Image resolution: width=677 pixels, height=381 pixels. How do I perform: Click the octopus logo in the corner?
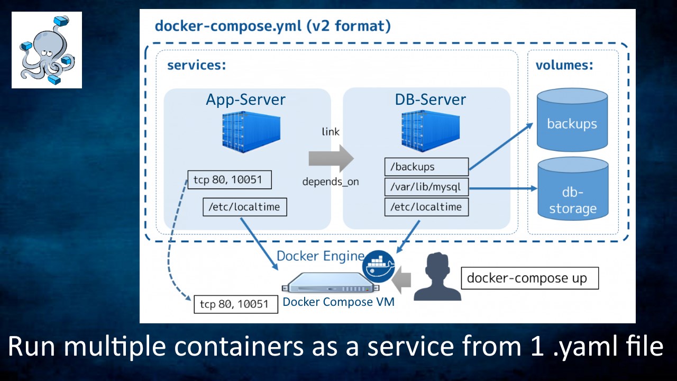[x=47, y=50]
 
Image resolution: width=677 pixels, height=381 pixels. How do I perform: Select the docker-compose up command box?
[x=529, y=278]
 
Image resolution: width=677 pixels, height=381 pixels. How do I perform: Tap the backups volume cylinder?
[x=572, y=121]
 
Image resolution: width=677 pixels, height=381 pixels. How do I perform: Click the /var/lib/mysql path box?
[x=426, y=187]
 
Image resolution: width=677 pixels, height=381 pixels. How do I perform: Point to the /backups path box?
[x=426, y=167]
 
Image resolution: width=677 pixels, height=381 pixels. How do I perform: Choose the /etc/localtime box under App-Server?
[x=244, y=206]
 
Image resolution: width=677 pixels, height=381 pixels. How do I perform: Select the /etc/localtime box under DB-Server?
[x=426, y=206]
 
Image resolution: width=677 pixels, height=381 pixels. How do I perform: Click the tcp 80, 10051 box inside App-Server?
[x=230, y=179]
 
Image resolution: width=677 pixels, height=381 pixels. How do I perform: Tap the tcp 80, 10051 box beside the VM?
[x=236, y=304]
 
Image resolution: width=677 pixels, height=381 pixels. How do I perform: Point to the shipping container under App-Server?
[x=249, y=133]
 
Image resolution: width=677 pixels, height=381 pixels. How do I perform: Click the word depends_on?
[x=331, y=182]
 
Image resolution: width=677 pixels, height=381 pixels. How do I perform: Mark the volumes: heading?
[x=564, y=66]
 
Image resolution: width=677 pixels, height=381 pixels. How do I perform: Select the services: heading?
[x=197, y=66]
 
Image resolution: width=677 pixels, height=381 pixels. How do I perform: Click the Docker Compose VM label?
[x=338, y=302]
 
